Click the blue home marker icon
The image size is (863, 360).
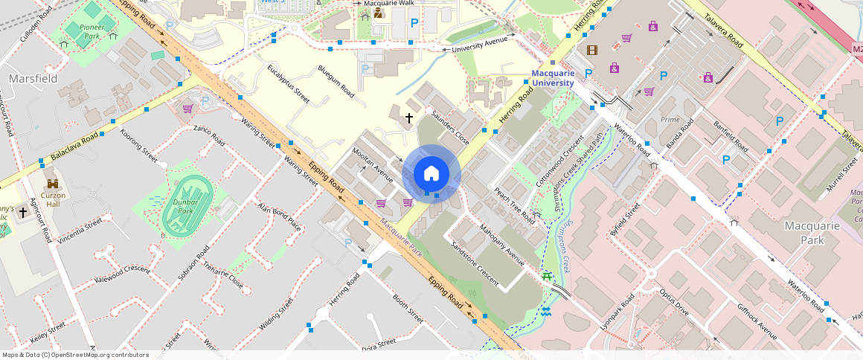431,174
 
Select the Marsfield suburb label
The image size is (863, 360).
29,78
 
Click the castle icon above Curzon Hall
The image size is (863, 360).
53,184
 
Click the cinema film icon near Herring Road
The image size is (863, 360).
591,51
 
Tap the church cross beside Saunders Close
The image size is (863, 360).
408,118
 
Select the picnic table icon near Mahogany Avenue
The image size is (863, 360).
548,277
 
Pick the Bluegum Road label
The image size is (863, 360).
336,80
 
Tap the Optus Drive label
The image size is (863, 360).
674,303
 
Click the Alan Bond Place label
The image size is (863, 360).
279,216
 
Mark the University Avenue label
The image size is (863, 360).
484,43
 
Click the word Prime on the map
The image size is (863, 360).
670,120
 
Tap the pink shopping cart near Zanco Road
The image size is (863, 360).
187,109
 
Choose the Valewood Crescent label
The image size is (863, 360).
122,275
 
